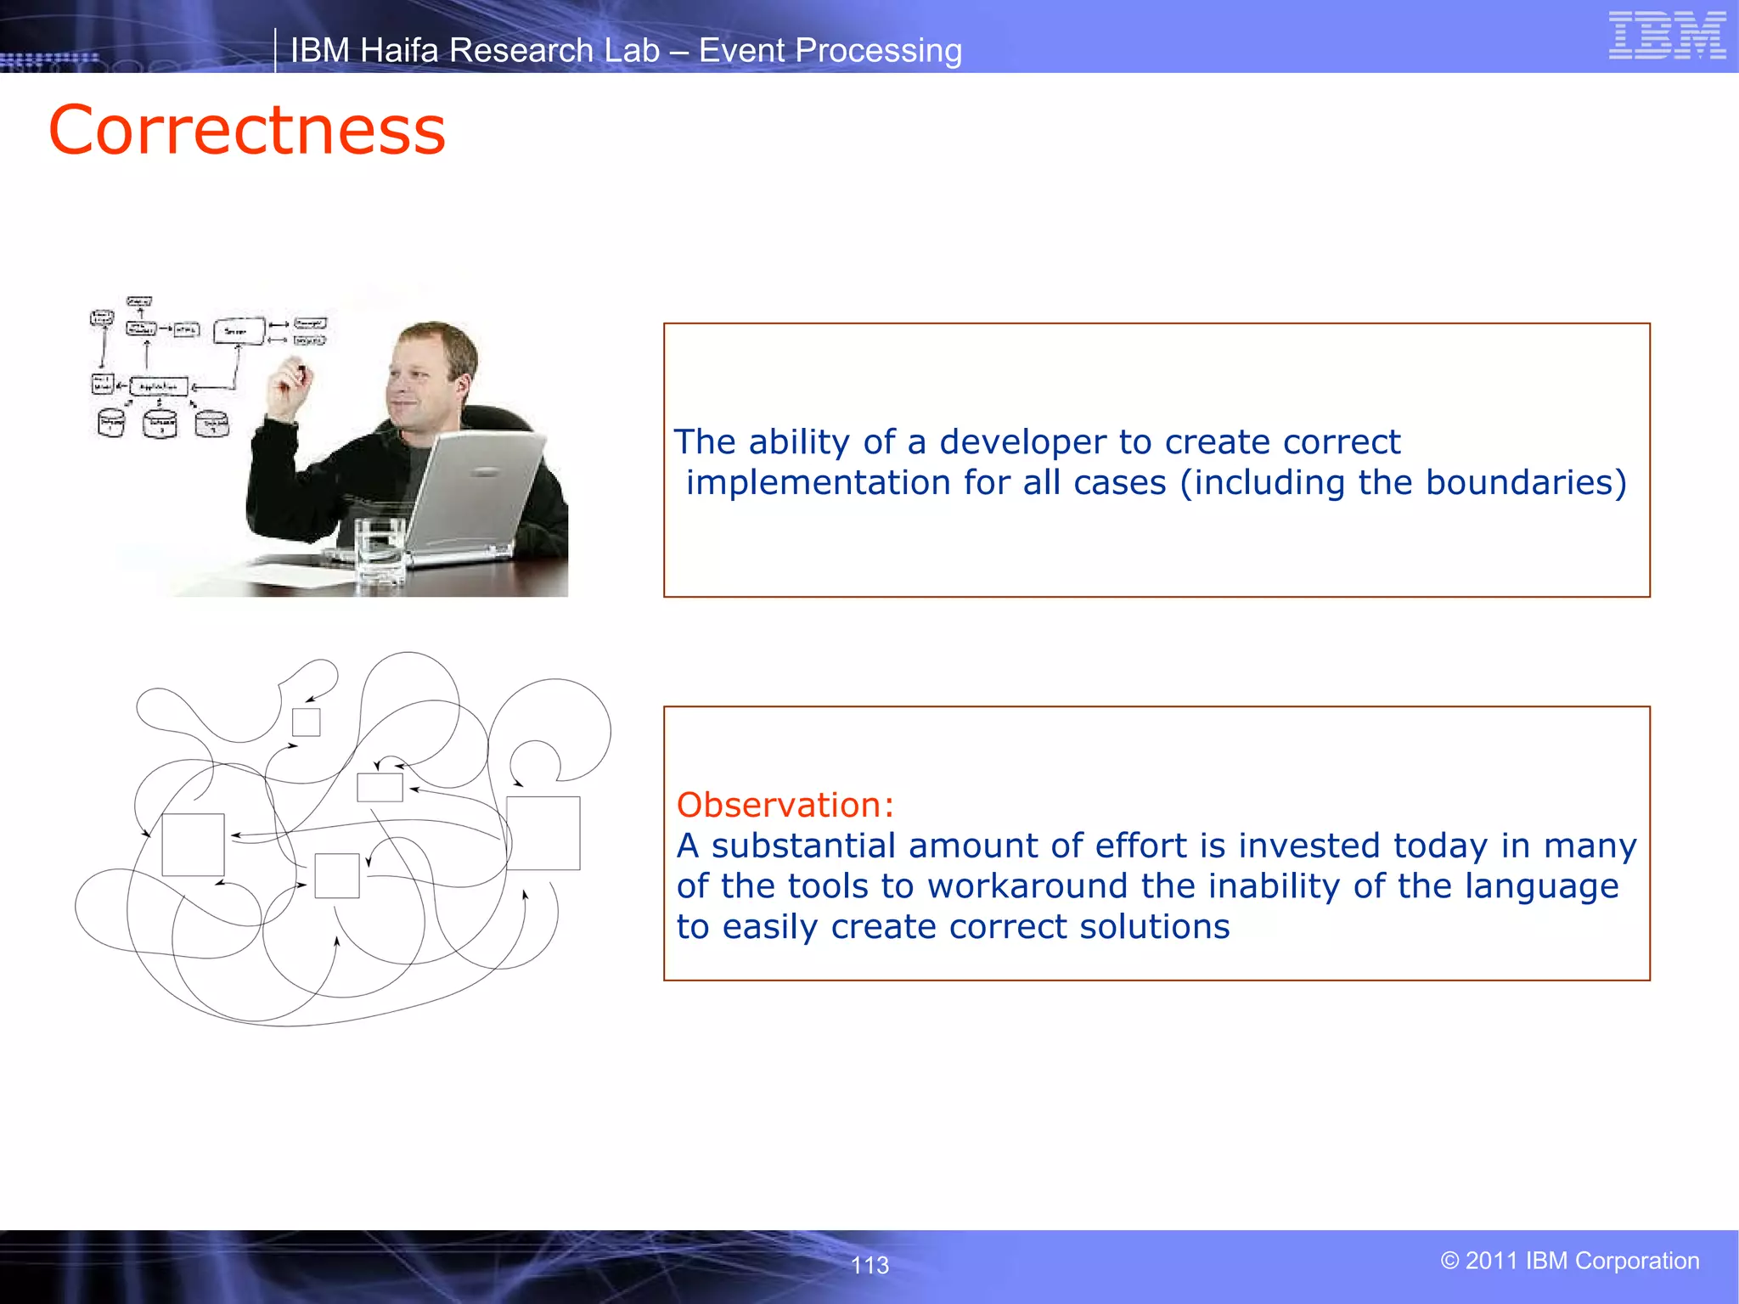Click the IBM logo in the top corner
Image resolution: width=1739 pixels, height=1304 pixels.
pos(1667,35)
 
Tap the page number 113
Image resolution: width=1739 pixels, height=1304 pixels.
pos(869,1265)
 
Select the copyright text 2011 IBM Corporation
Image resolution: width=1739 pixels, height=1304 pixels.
pos(1570,1261)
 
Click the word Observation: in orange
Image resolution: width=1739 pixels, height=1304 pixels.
pos(785,805)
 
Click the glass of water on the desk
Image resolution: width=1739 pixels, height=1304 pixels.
pos(380,551)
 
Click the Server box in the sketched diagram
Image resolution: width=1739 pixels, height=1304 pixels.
pos(238,331)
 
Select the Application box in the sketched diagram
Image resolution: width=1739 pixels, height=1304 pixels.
pos(159,386)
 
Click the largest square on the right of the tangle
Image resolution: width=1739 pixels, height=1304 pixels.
pos(543,833)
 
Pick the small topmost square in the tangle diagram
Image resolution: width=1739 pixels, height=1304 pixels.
pos(306,722)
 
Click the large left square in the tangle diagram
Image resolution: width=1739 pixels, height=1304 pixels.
pos(193,845)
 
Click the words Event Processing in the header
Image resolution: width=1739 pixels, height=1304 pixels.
pos(830,51)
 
